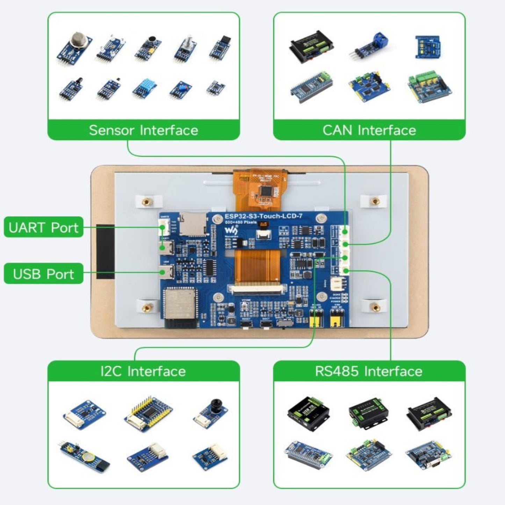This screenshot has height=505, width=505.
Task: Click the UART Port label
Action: (43, 228)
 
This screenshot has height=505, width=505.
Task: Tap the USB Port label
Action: (43, 274)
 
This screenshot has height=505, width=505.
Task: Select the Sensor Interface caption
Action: (143, 130)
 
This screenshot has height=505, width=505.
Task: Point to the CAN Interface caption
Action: (369, 130)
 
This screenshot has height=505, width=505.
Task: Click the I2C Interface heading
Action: (143, 371)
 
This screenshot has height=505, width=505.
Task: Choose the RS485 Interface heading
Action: (369, 371)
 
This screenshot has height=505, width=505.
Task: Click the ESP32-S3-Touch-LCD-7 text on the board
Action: (263, 216)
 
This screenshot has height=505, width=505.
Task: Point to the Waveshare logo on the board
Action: (231, 231)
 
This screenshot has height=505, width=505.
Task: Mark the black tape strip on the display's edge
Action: (105, 252)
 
